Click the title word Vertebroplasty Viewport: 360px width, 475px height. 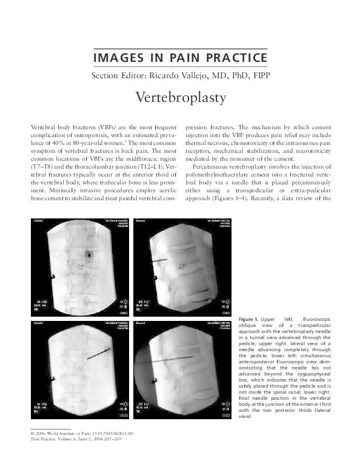point(180,98)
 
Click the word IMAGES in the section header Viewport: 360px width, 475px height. point(113,58)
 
